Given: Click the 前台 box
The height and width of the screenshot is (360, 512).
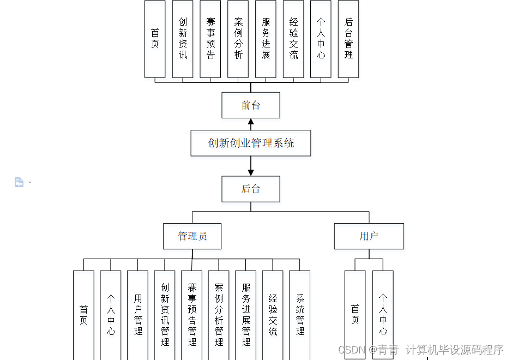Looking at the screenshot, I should pos(251,105).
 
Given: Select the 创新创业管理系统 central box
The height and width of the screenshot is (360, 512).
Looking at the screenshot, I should pos(251,143).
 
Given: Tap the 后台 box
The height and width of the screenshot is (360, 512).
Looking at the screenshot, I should pos(251,189).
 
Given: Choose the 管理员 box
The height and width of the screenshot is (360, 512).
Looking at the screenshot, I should pos(192,236).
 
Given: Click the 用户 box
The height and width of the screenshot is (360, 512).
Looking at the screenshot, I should pos(369,236).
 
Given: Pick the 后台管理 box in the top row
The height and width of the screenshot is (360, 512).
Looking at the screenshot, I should pos(348,38).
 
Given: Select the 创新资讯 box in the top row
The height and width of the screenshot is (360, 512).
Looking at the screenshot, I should pos(183,38).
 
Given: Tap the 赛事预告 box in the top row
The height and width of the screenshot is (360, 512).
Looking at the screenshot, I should pos(210,38).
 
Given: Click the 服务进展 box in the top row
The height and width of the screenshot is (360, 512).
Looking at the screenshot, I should pos(266,38).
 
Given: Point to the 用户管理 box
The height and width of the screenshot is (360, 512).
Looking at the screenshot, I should pos(137,315).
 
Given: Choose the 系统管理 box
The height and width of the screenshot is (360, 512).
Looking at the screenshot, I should pos(300,315).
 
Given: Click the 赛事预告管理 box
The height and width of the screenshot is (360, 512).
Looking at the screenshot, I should pos(192,315).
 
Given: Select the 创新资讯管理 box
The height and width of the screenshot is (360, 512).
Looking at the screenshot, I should pos(165,315).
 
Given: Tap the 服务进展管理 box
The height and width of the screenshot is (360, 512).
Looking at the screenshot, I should pos(246,315).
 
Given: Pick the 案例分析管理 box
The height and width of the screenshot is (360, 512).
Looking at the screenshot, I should pos(219,315).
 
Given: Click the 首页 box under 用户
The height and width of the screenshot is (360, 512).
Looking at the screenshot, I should pos(355,315).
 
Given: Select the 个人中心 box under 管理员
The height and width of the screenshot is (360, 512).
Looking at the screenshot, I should pos(111,315).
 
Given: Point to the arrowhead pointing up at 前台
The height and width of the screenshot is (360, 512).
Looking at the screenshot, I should pos(251,122).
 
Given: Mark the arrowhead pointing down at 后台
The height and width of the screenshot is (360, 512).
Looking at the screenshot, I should pos(251,172).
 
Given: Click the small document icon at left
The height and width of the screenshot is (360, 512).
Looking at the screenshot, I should pos(19,182).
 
